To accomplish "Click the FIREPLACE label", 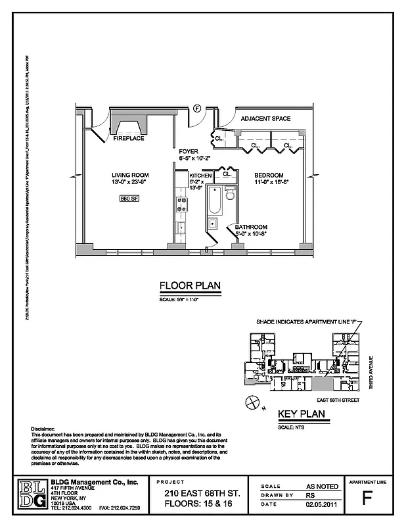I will click(x=128, y=139).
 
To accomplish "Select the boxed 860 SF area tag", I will click(x=129, y=198).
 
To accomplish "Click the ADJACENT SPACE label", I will click(x=265, y=119).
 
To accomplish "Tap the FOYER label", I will click(x=189, y=152).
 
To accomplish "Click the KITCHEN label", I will click(x=200, y=176).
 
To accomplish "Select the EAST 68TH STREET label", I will click(x=335, y=399).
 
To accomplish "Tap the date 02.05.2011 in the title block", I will click(x=323, y=504).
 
